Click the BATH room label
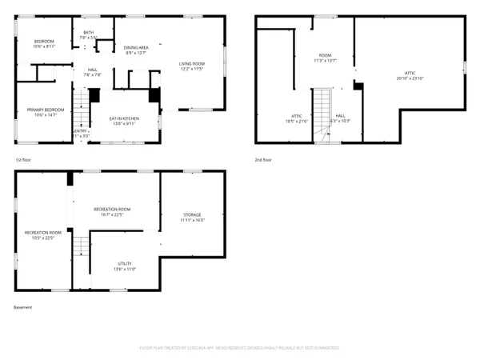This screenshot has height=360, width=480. pos(89,34)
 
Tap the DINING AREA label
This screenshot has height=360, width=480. pos(137,50)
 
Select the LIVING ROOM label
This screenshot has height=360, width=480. pos(191,66)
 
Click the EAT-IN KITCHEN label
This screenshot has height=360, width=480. pos(124,121)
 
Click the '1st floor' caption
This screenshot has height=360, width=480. pos(24,160)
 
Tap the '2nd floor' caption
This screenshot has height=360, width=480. pos(263,160)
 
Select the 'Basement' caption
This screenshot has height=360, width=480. pos(23,307)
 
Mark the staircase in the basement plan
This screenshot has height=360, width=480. pos(80,247)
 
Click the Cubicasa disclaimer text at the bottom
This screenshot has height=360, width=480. pos(239,348)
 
